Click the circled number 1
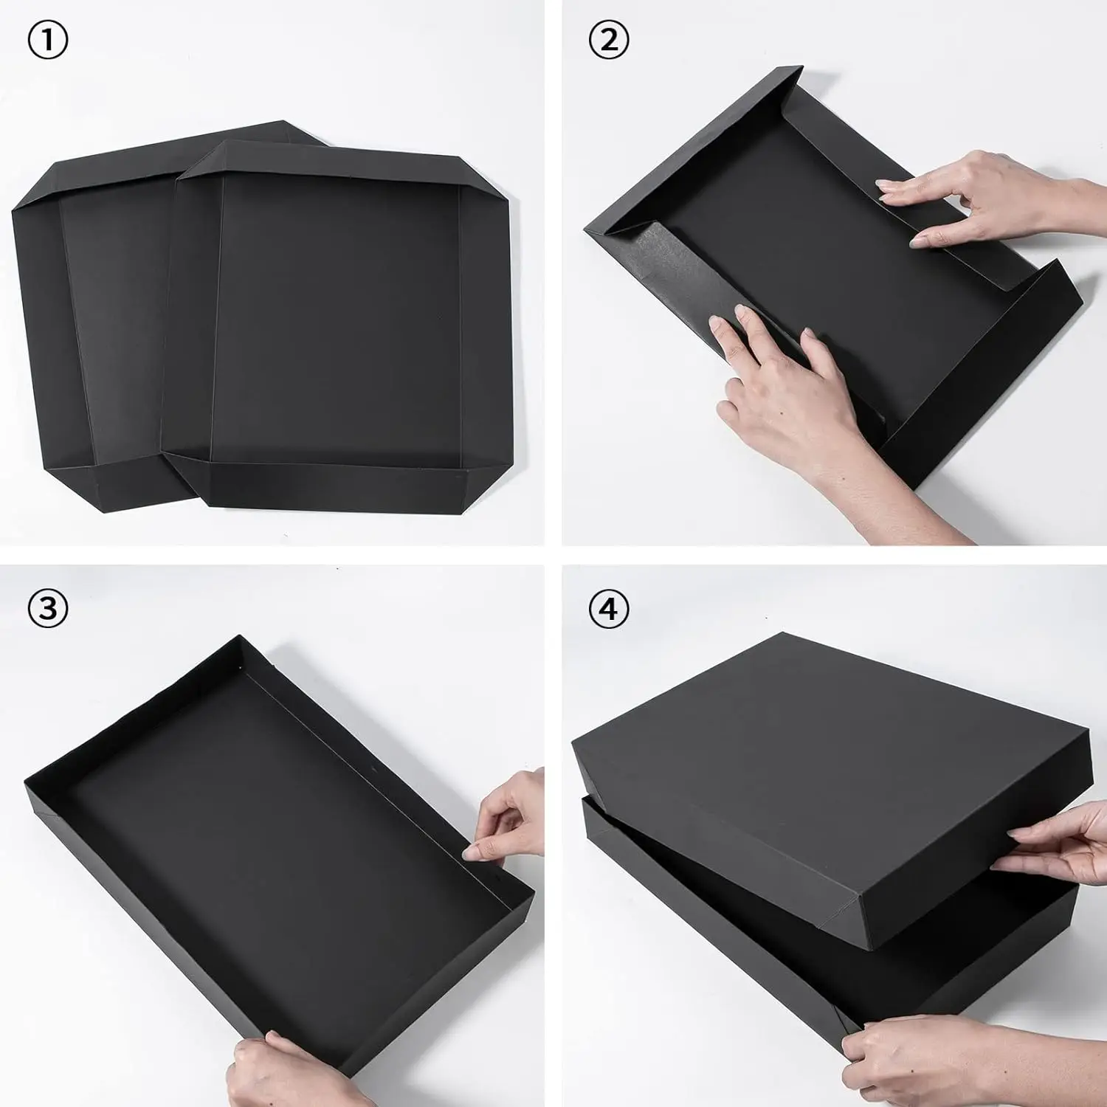(47, 41)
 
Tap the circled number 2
(608, 41)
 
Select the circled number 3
(47, 608)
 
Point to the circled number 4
(608, 608)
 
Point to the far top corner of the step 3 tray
(241, 636)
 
